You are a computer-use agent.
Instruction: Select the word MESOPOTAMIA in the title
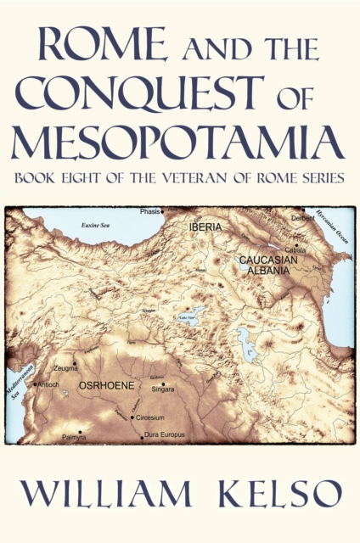pyautogui.click(x=178, y=140)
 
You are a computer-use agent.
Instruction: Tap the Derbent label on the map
pyautogui.click(x=303, y=218)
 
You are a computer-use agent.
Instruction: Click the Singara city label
pyautogui.click(x=163, y=389)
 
